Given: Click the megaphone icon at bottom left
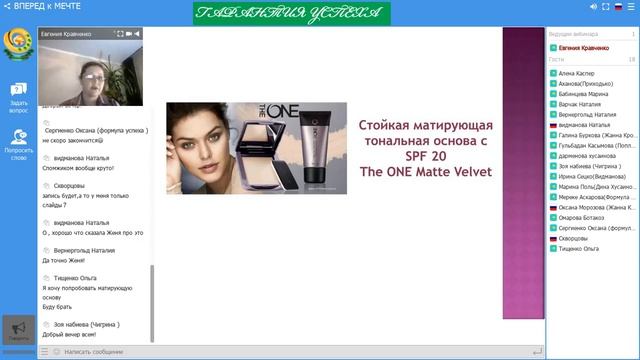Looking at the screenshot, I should [x=18, y=329].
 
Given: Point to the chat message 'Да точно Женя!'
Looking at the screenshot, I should [x=69, y=260].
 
